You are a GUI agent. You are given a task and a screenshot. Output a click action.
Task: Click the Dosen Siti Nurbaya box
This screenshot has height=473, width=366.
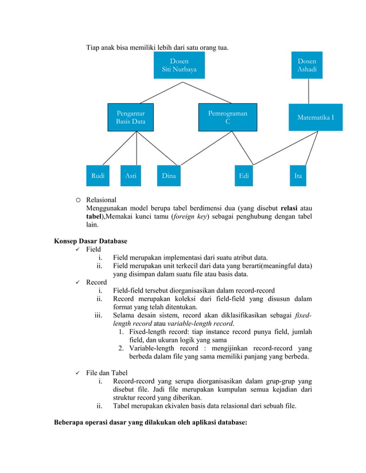coord(179,65)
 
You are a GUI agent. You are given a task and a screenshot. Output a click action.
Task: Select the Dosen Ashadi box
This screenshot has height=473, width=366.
coord(306,65)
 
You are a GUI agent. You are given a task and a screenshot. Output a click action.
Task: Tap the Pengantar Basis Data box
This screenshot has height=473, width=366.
coord(131,117)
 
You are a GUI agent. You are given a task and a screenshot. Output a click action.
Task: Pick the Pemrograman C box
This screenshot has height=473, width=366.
coord(228,117)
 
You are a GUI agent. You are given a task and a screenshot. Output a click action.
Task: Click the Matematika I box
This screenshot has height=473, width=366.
coord(316,117)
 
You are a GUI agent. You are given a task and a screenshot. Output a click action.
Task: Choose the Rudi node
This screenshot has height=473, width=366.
coord(98,176)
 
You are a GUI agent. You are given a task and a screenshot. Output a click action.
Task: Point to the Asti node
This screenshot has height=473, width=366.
coord(131,176)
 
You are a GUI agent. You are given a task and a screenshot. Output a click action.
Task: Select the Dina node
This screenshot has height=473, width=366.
coord(169,176)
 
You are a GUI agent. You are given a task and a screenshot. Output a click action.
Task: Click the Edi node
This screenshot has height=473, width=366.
coord(244,176)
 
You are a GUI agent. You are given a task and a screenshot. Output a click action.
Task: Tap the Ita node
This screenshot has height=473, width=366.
coord(298,176)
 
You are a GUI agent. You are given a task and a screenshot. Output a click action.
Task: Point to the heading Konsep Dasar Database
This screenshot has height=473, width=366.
coord(91,241)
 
